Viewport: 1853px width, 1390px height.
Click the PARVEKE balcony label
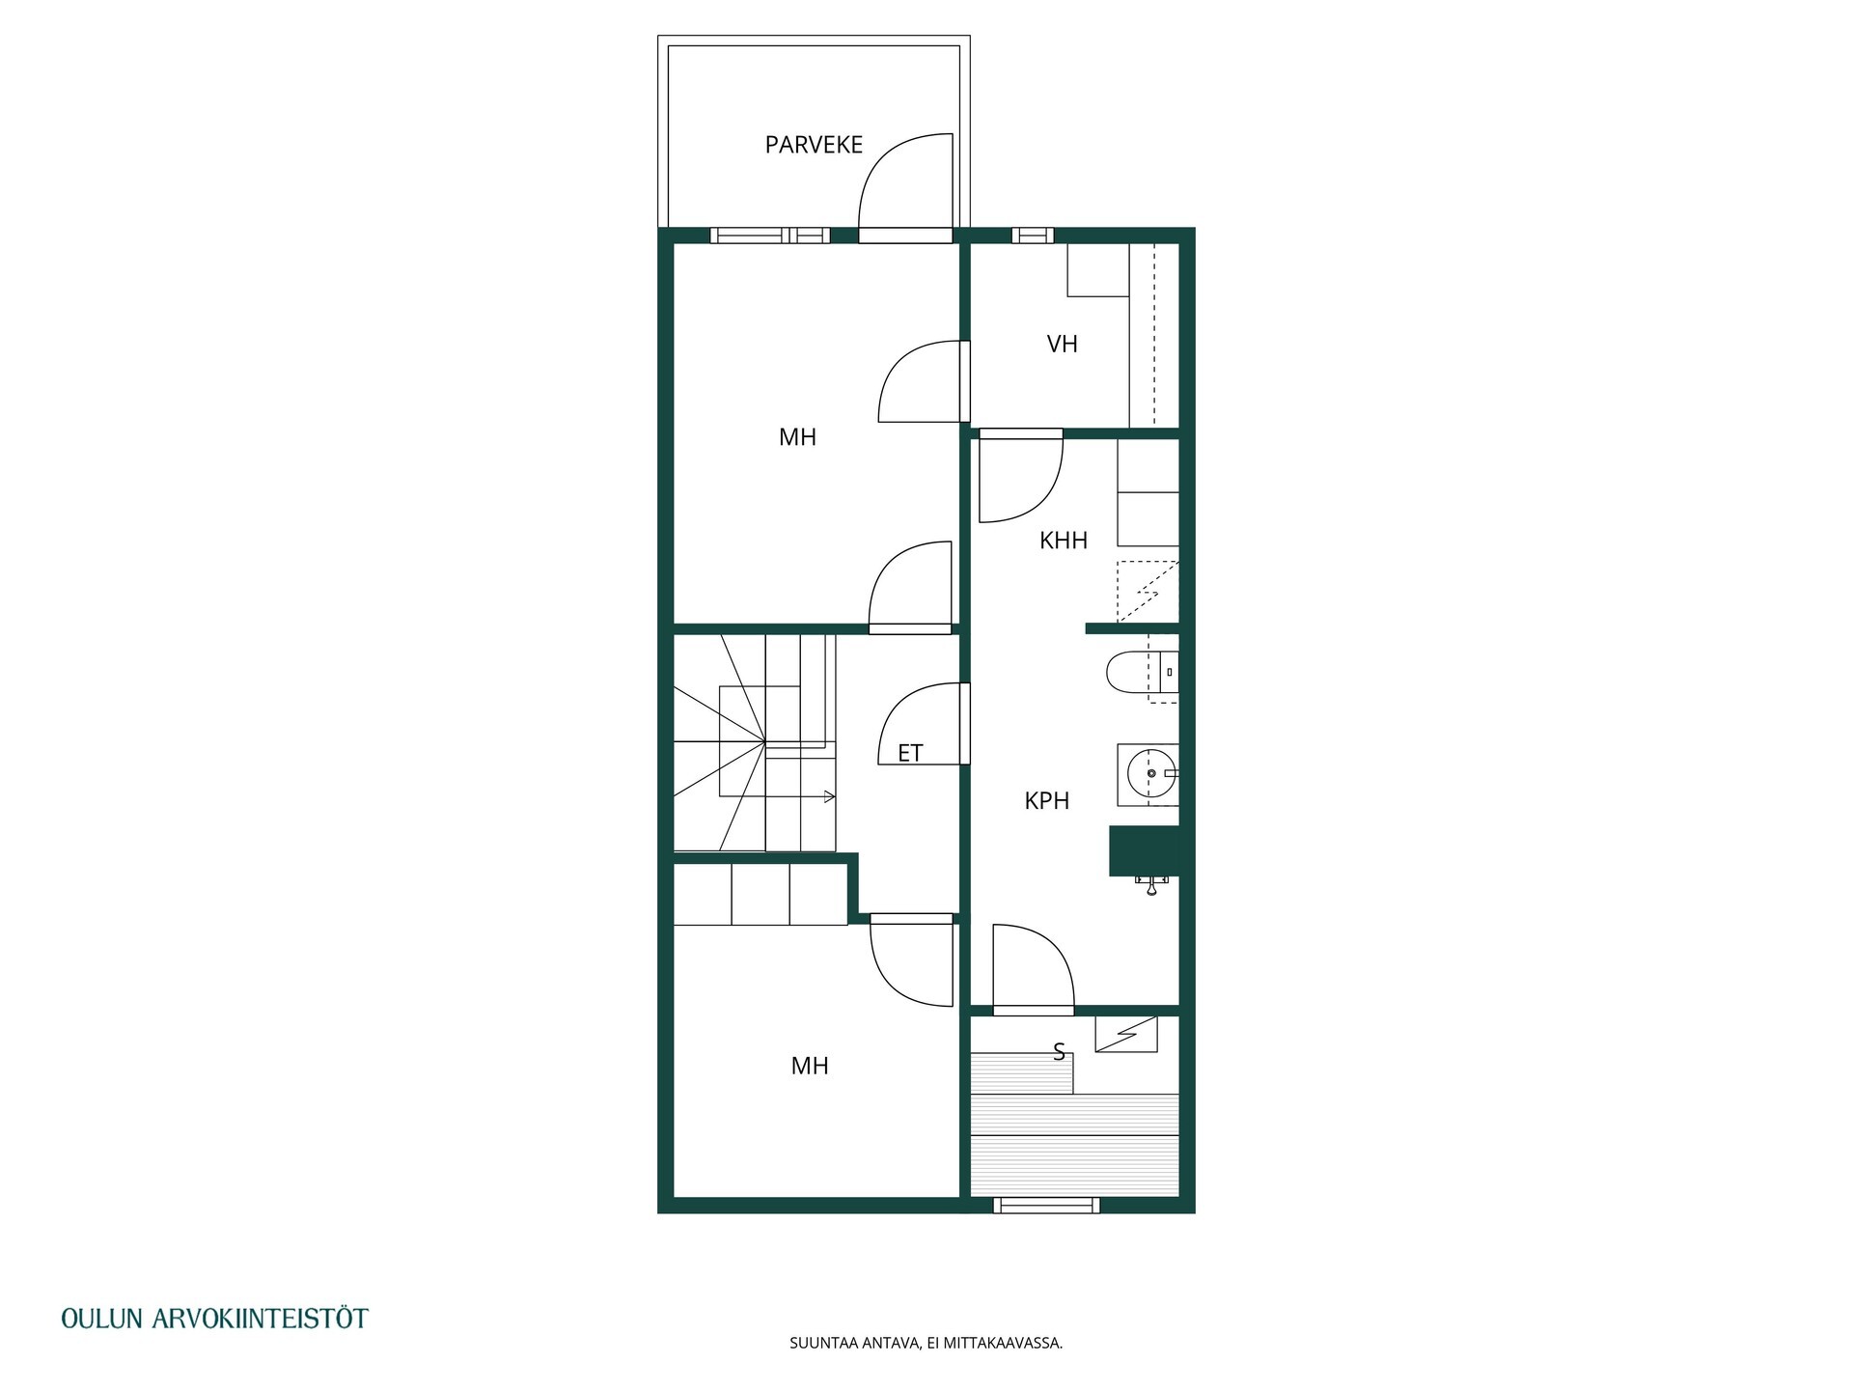pyautogui.click(x=814, y=145)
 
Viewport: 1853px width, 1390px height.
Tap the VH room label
pyautogui.click(x=1062, y=344)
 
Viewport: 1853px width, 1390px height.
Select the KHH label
pyautogui.click(x=1064, y=541)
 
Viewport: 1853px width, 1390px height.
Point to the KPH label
pyautogui.click(x=1047, y=800)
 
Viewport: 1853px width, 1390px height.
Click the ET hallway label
pyautogui.click(x=910, y=753)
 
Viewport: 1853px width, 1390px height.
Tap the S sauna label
pyautogui.click(x=1059, y=1052)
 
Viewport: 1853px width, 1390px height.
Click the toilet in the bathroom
pyautogui.click(x=1141, y=672)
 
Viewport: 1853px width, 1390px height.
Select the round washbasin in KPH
pyautogui.click(x=1150, y=774)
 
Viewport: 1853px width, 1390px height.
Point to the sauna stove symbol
pyautogui.click(x=1125, y=1034)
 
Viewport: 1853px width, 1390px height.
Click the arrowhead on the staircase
pyautogui.click(x=830, y=796)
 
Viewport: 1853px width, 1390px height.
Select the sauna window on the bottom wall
pyautogui.click(x=1046, y=1205)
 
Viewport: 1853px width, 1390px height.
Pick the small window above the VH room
pyautogui.click(x=1033, y=235)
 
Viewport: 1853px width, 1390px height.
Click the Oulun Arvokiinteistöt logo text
pyautogui.click(x=214, y=1319)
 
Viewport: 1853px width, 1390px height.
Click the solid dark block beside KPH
pyautogui.click(x=1145, y=850)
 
